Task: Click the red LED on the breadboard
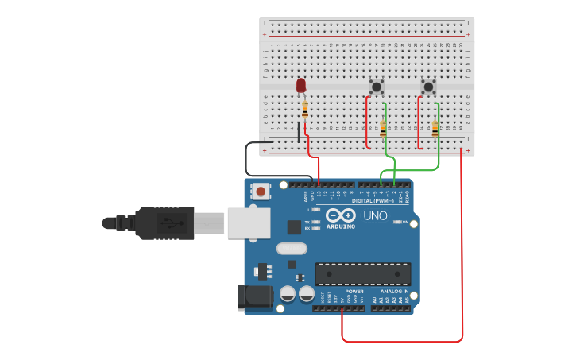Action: (301, 84)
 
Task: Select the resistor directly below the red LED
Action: (304, 110)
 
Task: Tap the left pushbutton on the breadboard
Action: (377, 86)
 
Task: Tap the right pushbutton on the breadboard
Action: (428, 86)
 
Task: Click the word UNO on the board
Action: (375, 215)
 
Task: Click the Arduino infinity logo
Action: (340, 215)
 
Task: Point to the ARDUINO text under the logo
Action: (340, 225)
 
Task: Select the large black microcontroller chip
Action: (363, 273)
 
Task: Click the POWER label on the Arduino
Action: (354, 291)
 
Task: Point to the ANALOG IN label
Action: (395, 291)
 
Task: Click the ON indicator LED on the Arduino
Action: (396, 222)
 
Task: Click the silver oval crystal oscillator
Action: (292, 248)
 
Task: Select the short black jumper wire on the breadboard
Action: (299, 131)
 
